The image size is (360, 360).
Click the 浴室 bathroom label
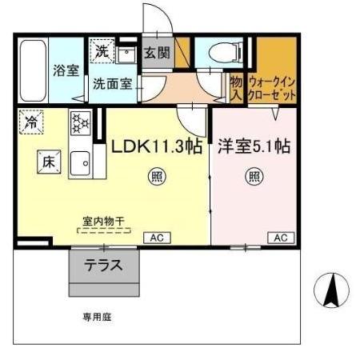(x=66, y=70)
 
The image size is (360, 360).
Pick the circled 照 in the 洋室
(x=254, y=176)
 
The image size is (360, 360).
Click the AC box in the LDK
(x=156, y=238)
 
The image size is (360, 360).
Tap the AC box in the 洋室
(x=282, y=238)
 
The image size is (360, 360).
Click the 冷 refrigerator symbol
(x=30, y=122)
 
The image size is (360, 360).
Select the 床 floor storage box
(x=46, y=159)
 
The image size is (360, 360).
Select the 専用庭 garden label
(x=97, y=317)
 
